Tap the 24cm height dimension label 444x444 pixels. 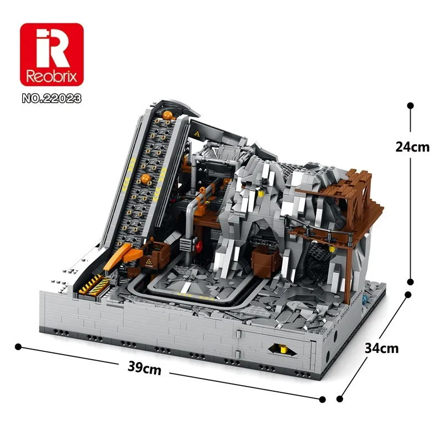coord(412,147)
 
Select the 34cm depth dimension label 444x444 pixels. coord(382,349)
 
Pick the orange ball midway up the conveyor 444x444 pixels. coord(147,179)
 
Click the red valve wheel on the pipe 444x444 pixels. coord(199,245)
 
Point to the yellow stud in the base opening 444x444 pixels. coord(281,349)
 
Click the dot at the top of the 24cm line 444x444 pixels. coord(410,105)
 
